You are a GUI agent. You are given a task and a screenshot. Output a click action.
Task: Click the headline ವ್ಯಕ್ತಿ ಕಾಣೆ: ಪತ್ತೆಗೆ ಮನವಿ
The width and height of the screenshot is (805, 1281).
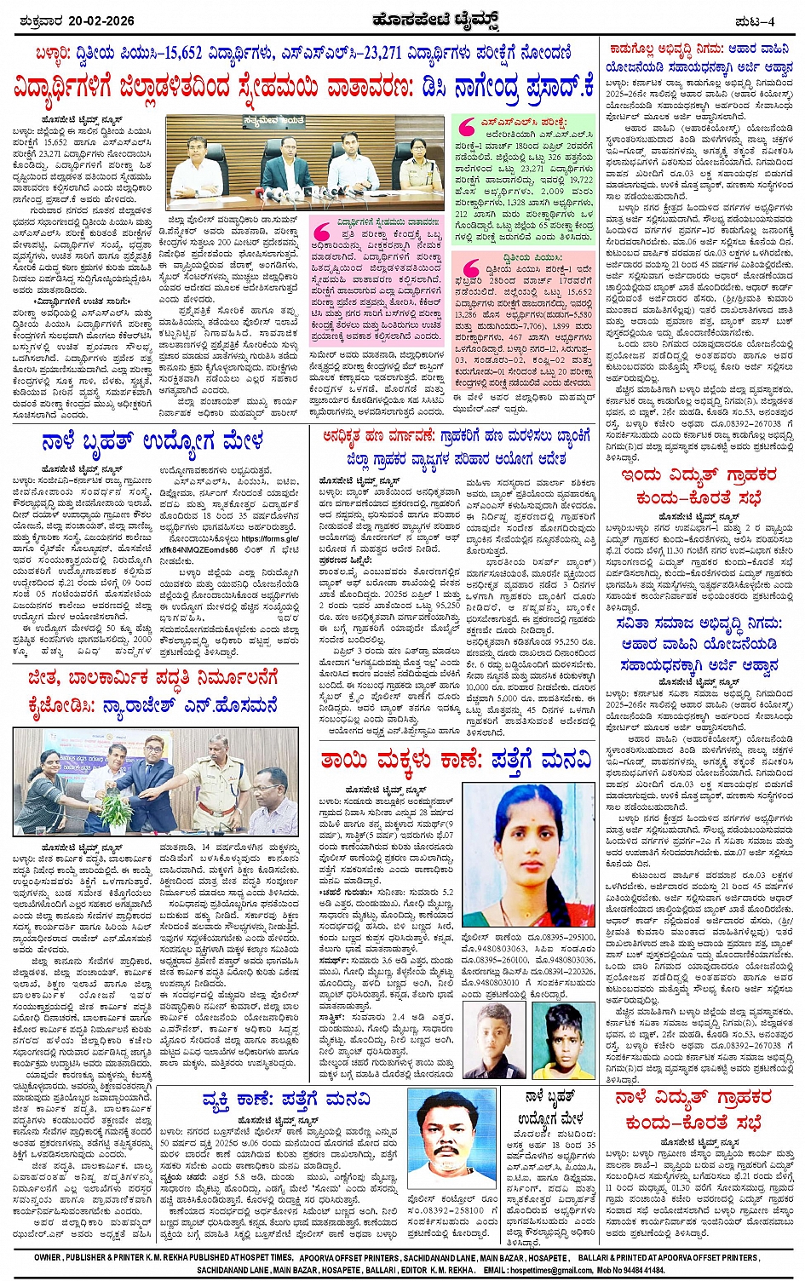286,1100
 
